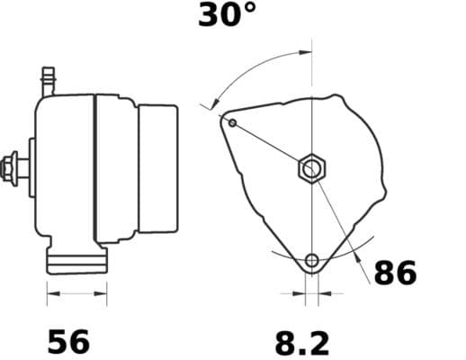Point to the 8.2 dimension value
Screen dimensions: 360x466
(301, 342)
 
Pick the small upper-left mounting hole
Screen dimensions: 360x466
(232, 121)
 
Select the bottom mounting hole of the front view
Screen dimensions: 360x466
(311, 261)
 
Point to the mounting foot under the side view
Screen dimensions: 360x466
(76, 261)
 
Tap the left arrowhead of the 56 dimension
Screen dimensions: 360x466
(50, 292)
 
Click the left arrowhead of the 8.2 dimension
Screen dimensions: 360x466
(300, 292)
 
